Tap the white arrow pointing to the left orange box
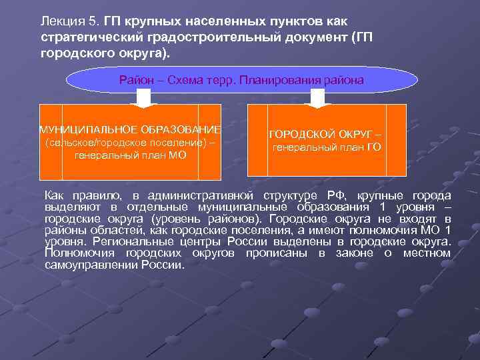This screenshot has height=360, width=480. (x=145, y=98)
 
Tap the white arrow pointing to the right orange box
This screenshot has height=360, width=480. (x=317, y=98)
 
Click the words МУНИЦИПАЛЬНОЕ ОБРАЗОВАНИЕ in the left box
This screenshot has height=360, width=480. (x=131, y=129)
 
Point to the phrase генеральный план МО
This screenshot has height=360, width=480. (x=131, y=155)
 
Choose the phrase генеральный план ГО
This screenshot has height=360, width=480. (x=327, y=147)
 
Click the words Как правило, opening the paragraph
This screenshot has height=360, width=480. (x=82, y=195)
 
